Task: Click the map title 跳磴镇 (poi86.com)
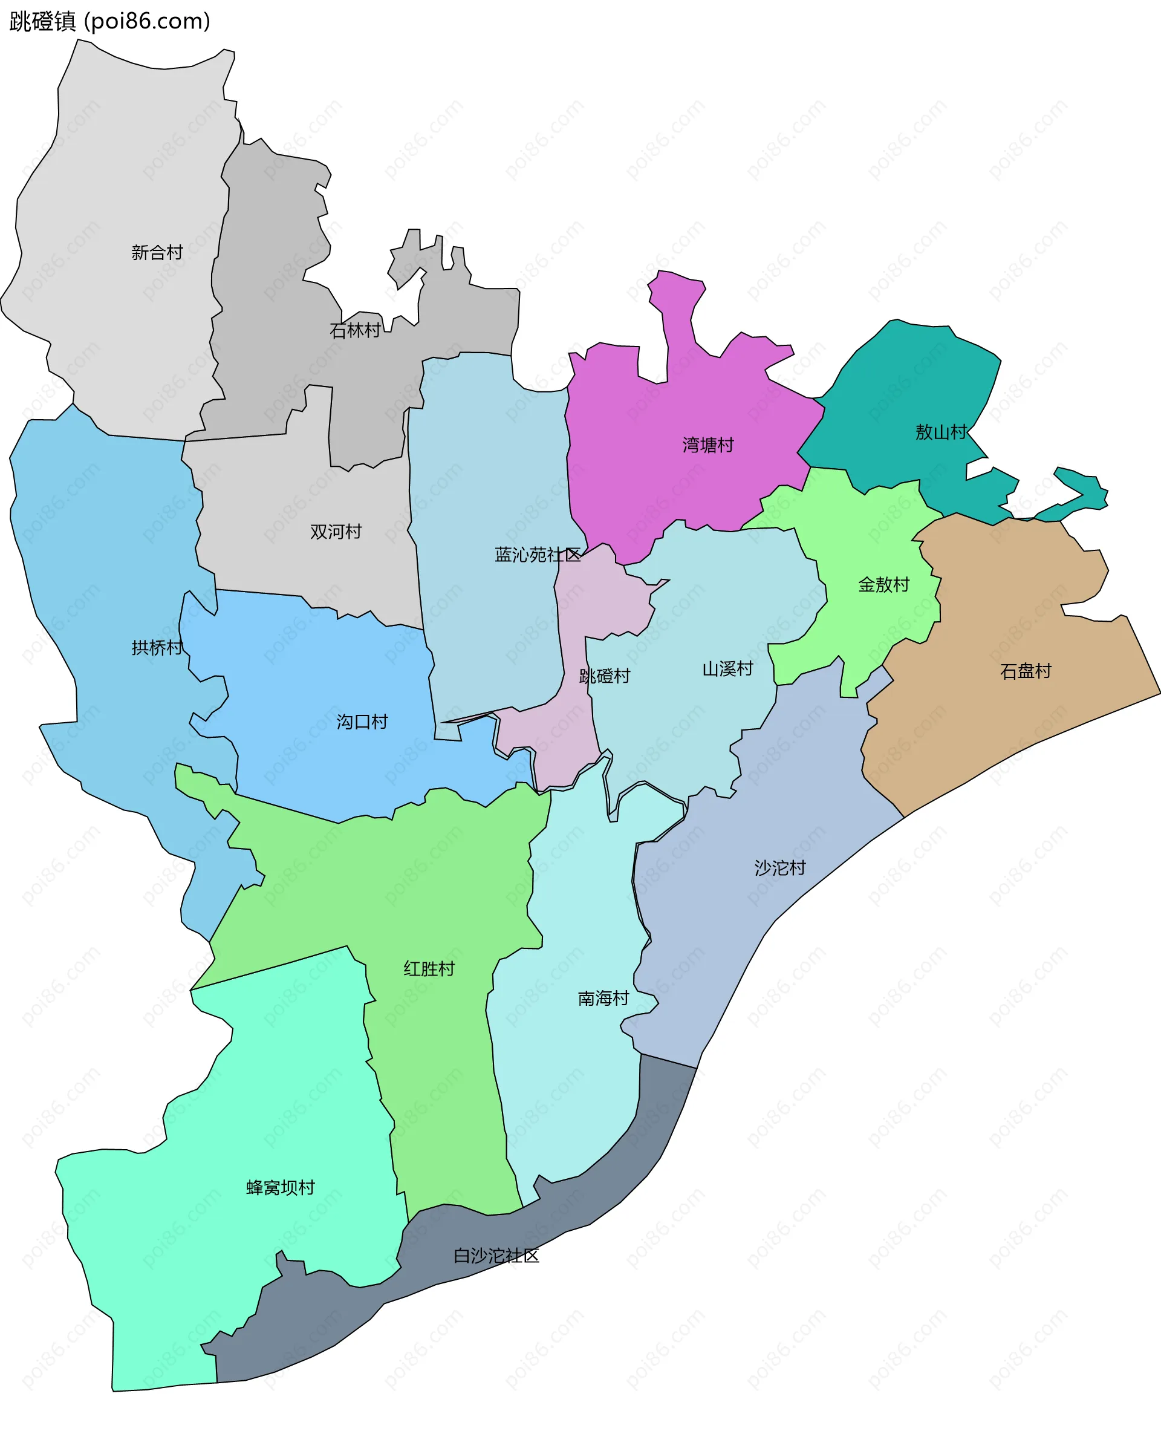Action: pyautogui.click(x=109, y=21)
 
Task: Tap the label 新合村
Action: pyautogui.click(x=157, y=252)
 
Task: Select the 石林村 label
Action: pyautogui.click(x=355, y=330)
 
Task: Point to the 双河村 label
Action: pyautogui.click(x=336, y=531)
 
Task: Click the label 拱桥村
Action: pyautogui.click(x=157, y=647)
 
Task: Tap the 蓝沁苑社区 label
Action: pyautogui.click(x=538, y=555)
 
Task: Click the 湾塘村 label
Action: pyautogui.click(x=708, y=445)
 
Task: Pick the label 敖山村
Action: pyautogui.click(x=941, y=432)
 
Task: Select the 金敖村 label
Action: pyautogui.click(x=883, y=585)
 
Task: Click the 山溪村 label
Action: pyautogui.click(x=727, y=669)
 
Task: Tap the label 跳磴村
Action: pyautogui.click(x=605, y=676)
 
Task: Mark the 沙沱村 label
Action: pyautogui.click(x=780, y=868)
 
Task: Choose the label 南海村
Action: pyautogui.click(x=603, y=998)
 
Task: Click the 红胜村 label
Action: pyautogui.click(x=429, y=969)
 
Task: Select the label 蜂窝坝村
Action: pyautogui.click(x=280, y=1187)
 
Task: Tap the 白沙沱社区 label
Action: pyautogui.click(x=496, y=1256)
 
